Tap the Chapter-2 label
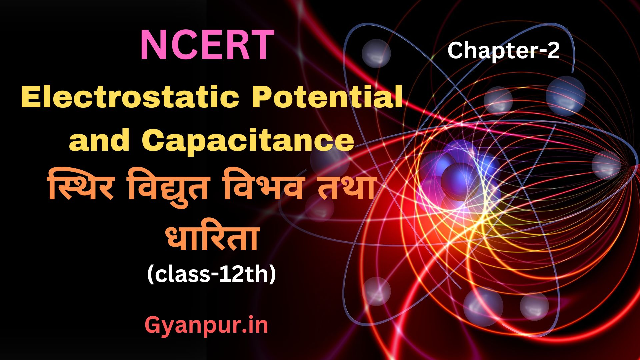503,51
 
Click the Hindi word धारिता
212,236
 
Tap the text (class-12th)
212,275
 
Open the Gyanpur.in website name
207,326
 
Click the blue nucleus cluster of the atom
460,177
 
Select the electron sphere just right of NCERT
376,53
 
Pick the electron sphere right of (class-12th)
376,291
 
